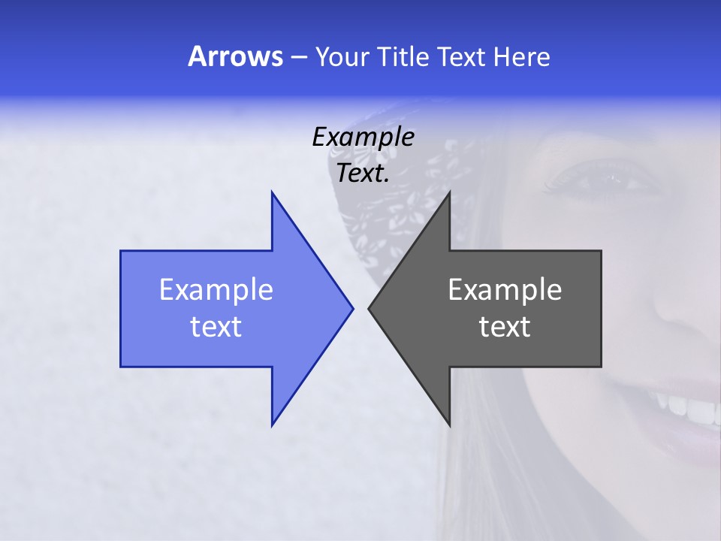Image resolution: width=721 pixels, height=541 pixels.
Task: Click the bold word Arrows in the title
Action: (x=234, y=56)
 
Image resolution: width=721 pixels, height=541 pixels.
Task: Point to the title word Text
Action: (x=462, y=56)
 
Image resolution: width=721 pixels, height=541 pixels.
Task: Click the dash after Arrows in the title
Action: (x=298, y=57)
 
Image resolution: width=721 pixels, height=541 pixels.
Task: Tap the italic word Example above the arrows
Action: (x=364, y=137)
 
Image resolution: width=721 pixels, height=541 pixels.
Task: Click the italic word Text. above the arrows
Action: (x=364, y=173)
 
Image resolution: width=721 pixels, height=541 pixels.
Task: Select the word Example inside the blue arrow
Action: (x=216, y=289)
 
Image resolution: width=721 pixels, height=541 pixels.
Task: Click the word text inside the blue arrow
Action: (x=216, y=327)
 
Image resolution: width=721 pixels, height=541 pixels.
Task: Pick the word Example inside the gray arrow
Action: (x=505, y=289)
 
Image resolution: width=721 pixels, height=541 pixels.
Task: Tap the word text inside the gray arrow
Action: (x=505, y=327)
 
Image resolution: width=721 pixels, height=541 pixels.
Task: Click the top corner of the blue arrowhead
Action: (x=272, y=193)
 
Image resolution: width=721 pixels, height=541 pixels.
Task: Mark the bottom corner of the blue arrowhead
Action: (x=272, y=425)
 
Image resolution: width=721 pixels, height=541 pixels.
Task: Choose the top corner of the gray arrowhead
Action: (x=449, y=193)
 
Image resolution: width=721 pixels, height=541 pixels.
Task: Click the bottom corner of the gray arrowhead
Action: (x=449, y=425)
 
